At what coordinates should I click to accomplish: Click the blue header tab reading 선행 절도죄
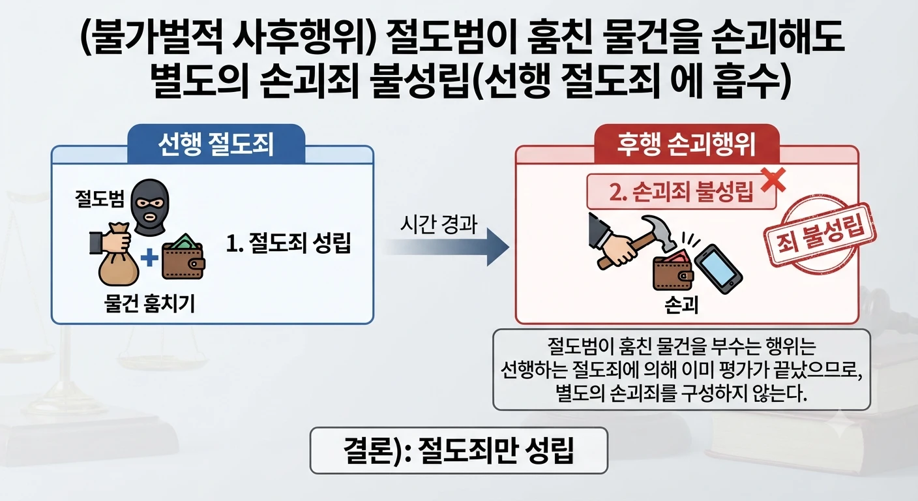pyautogui.click(x=216, y=144)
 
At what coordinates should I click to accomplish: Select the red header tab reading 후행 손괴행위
pyautogui.click(x=687, y=144)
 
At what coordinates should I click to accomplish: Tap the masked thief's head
pyautogui.click(x=150, y=207)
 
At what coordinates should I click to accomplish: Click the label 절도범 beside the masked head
pyautogui.click(x=99, y=198)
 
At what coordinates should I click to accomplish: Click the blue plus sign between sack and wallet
pyautogui.click(x=149, y=258)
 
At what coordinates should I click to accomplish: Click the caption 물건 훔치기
pyautogui.click(x=149, y=304)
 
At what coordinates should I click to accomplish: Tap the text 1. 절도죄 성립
pyautogui.click(x=289, y=243)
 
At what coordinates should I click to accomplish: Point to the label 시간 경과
pyautogui.click(x=439, y=224)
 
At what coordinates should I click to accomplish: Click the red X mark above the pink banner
pyautogui.click(x=773, y=179)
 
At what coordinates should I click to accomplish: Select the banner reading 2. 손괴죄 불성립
pyautogui.click(x=681, y=192)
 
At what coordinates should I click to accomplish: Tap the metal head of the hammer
pyautogui.click(x=660, y=232)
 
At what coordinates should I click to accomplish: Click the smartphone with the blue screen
pyautogui.click(x=718, y=269)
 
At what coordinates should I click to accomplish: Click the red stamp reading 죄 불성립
pyautogui.click(x=820, y=234)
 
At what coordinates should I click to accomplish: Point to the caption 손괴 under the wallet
pyautogui.click(x=681, y=305)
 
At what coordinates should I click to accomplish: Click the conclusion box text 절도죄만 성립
pyautogui.click(x=496, y=451)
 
